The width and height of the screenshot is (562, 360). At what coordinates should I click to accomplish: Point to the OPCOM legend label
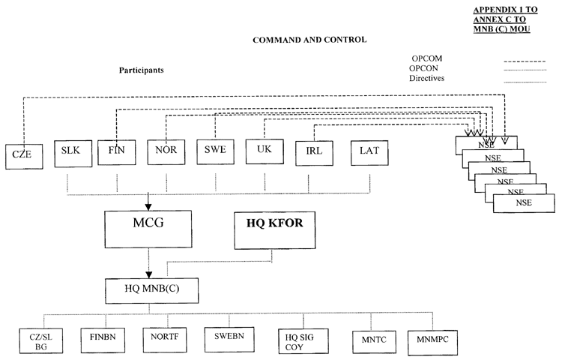pyautogui.click(x=427, y=58)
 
